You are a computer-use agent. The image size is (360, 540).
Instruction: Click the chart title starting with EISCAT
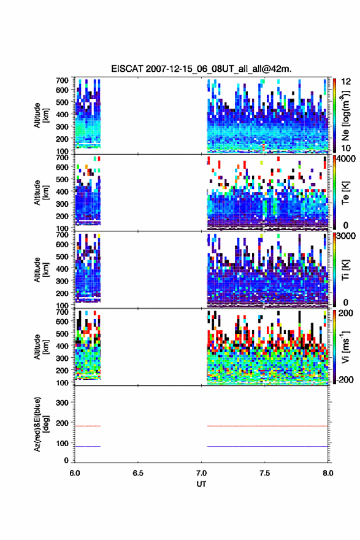click(x=201, y=69)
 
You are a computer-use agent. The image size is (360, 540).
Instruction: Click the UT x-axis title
click(x=201, y=484)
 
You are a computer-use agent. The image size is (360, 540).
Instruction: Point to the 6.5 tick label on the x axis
click(x=138, y=473)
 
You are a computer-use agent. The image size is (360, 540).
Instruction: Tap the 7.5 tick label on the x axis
click(x=265, y=473)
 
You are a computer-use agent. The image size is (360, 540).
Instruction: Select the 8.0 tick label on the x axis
click(x=328, y=473)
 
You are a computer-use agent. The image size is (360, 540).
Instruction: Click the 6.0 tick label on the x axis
click(x=75, y=473)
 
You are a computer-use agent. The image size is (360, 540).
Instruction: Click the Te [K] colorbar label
click(x=345, y=193)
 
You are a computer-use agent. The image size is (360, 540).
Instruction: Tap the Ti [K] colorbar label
click(x=345, y=270)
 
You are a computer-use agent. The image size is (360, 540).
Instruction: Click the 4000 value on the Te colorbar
click(x=345, y=159)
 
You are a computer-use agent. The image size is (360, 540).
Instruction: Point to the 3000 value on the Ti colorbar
click(x=345, y=236)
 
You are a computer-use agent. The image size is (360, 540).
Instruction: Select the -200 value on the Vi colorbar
click(x=345, y=379)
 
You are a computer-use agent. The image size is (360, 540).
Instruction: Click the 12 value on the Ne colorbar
click(x=346, y=82)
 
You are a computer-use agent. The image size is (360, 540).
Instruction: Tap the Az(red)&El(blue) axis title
click(x=41, y=424)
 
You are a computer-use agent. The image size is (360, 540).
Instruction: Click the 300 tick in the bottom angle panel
click(x=62, y=403)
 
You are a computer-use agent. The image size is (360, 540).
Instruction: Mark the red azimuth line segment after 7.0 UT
click(x=267, y=426)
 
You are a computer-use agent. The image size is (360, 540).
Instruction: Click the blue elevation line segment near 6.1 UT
click(x=88, y=446)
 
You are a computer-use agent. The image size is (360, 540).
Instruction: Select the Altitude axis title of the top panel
click(x=41, y=115)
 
